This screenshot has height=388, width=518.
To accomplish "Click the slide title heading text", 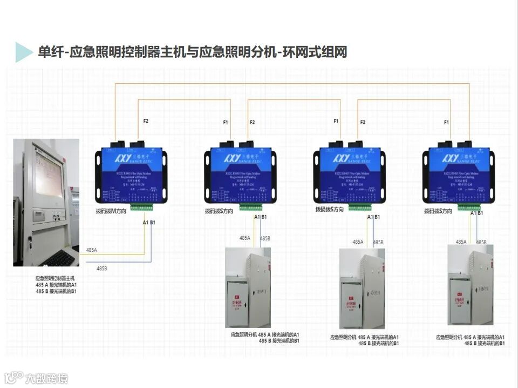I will [x=192, y=52].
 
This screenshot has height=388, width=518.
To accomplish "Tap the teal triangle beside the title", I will [x=23, y=52].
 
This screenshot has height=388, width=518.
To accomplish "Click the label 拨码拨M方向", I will [x=111, y=211].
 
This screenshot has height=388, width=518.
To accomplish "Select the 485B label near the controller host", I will [x=101, y=268].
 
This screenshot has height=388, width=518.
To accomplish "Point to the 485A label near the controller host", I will [x=92, y=250].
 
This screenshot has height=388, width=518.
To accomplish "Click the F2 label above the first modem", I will [x=146, y=121].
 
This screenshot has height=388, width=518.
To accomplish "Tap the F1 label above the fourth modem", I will [x=446, y=123].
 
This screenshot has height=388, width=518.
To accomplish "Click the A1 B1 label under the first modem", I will [x=148, y=222].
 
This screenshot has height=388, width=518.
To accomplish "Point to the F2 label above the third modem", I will [x=363, y=123].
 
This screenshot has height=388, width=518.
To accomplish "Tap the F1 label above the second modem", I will [x=226, y=123].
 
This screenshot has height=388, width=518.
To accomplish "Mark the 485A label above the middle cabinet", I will [x=358, y=242].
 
